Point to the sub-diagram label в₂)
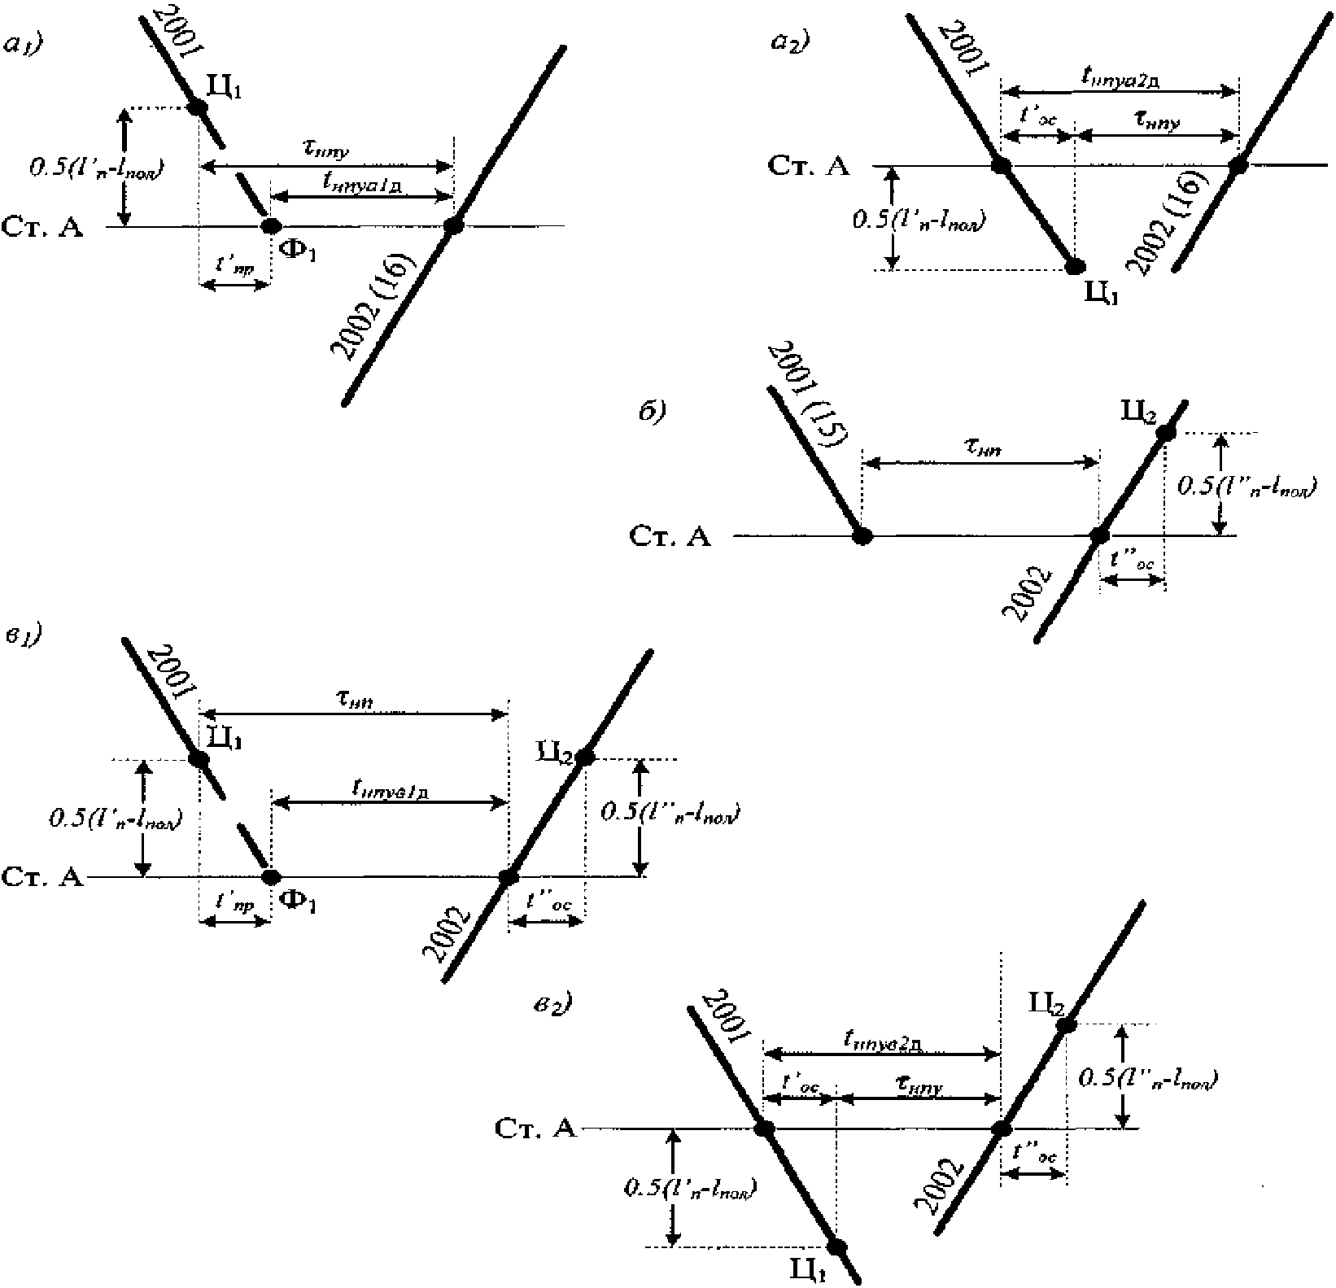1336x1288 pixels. click(546, 1003)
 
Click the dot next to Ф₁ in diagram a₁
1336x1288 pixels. click(270, 225)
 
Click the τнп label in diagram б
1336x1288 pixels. click(980, 445)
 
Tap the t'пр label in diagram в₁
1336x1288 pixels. click(234, 903)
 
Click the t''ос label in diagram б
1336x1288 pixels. click(1133, 561)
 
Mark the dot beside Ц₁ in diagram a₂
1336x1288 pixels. click(1075, 266)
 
